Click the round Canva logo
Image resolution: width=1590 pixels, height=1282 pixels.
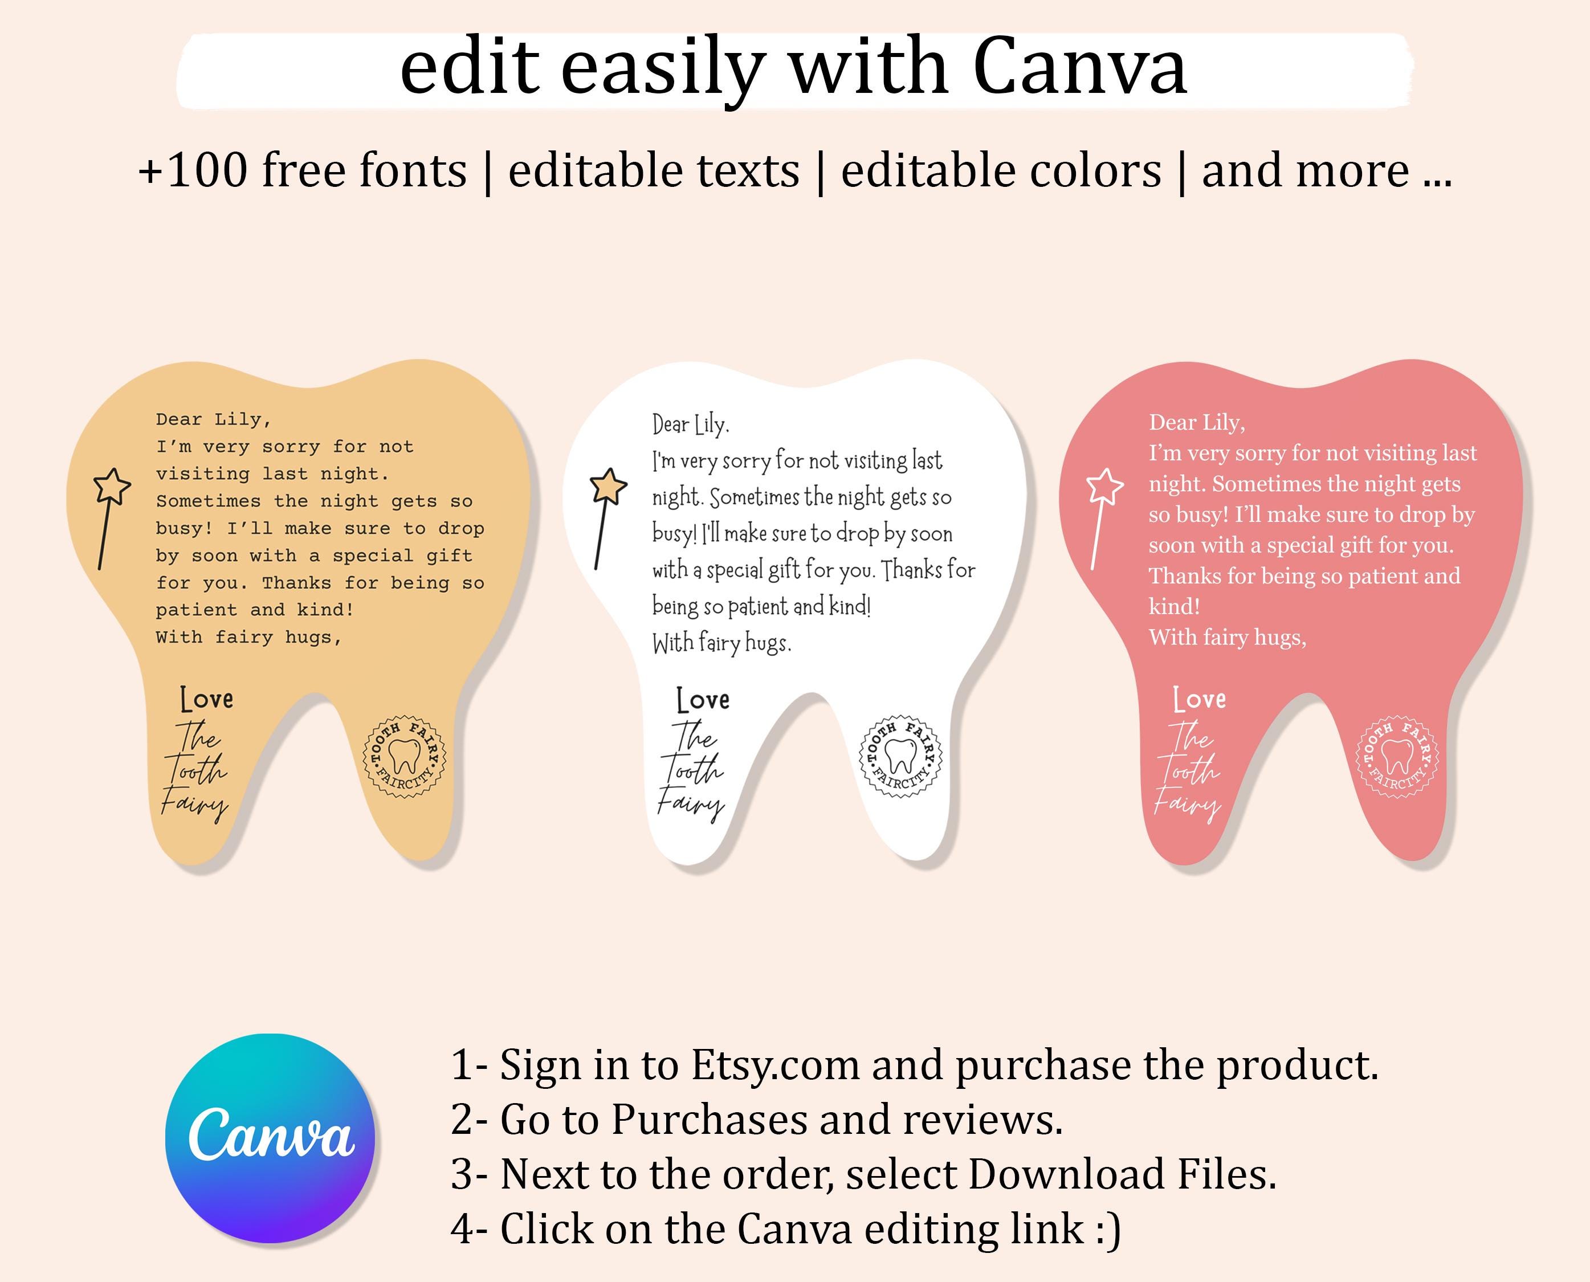(270, 1138)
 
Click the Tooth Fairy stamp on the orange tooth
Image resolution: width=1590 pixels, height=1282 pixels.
(405, 756)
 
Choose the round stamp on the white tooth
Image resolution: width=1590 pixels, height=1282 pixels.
(901, 756)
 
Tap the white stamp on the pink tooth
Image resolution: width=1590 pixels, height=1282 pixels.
(1397, 756)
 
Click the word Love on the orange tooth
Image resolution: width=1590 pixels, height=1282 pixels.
(207, 699)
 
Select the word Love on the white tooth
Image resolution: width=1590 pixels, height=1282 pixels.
(703, 699)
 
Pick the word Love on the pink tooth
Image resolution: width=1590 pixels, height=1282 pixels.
(1199, 699)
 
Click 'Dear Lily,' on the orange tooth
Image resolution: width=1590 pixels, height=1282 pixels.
(214, 419)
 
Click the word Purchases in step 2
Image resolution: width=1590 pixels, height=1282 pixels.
(710, 1121)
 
